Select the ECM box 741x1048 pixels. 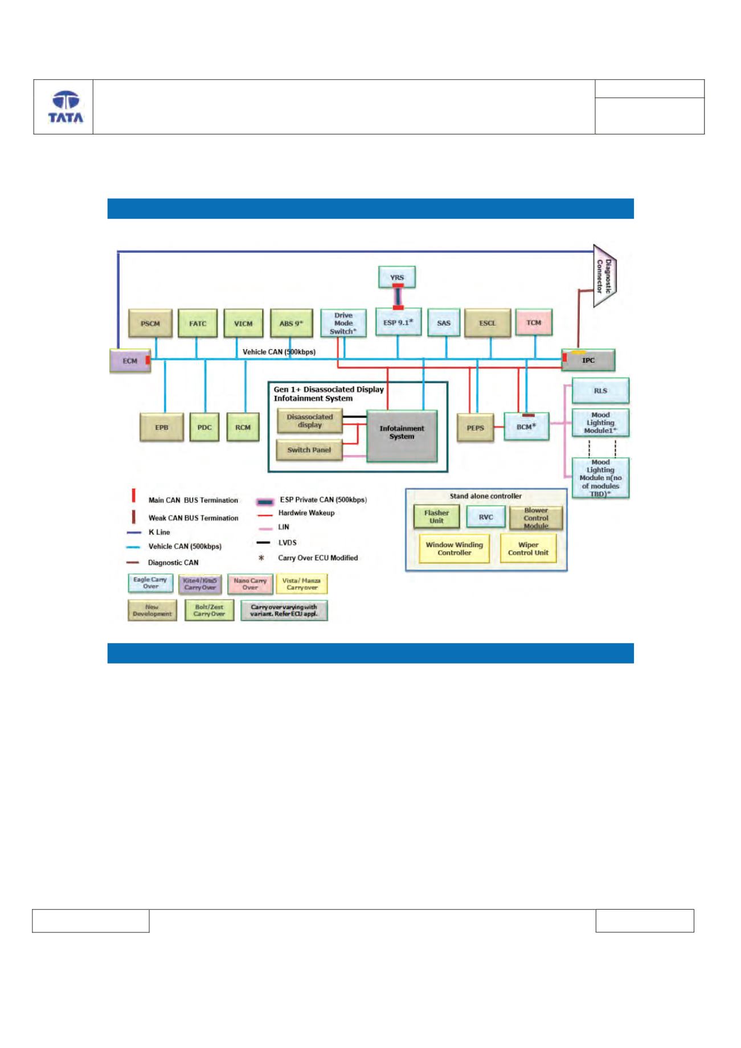(130, 361)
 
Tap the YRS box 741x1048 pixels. (397, 277)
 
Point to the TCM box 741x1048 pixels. (534, 322)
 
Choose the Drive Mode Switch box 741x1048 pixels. (343, 323)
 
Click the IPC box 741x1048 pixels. (588, 360)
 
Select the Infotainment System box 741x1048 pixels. (402, 435)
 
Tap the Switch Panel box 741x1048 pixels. (309, 450)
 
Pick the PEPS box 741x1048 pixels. (476, 427)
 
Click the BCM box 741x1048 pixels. (526, 426)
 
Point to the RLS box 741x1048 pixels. (600, 391)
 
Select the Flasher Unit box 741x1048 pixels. (437, 517)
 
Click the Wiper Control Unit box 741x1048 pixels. (528, 548)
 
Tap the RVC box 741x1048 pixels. (486, 517)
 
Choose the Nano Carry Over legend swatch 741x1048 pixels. (250, 584)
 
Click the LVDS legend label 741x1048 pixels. (288, 543)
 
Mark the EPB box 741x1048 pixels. (162, 427)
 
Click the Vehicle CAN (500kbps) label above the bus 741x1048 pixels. (279, 352)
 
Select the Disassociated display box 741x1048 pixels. (309, 421)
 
